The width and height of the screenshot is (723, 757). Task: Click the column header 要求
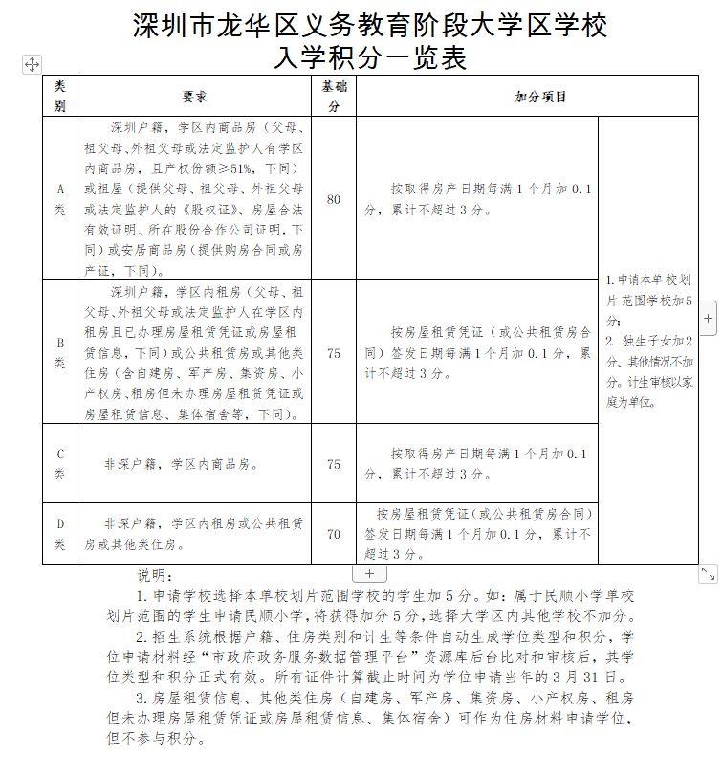[195, 97]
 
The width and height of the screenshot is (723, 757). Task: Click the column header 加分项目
[540, 97]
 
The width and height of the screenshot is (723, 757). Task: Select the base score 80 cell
[334, 199]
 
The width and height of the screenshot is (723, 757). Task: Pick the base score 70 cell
[334, 534]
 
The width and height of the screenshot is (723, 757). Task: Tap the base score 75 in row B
[334, 353]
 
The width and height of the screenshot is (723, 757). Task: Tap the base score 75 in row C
[334, 464]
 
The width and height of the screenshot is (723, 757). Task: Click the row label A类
[59, 198]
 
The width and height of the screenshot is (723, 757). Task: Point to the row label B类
[59, 352]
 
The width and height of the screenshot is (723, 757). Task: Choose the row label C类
[59, 464]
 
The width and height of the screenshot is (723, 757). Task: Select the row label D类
[59, 534]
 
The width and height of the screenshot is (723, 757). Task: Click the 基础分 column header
[334, 97]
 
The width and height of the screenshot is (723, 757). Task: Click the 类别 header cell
[59, 97]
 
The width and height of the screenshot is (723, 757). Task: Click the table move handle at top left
[32, 64]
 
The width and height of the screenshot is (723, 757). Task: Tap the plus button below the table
[369, 573]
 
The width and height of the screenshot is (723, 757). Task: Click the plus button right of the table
[708, 319]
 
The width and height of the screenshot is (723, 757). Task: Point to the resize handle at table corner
[708, 572]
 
